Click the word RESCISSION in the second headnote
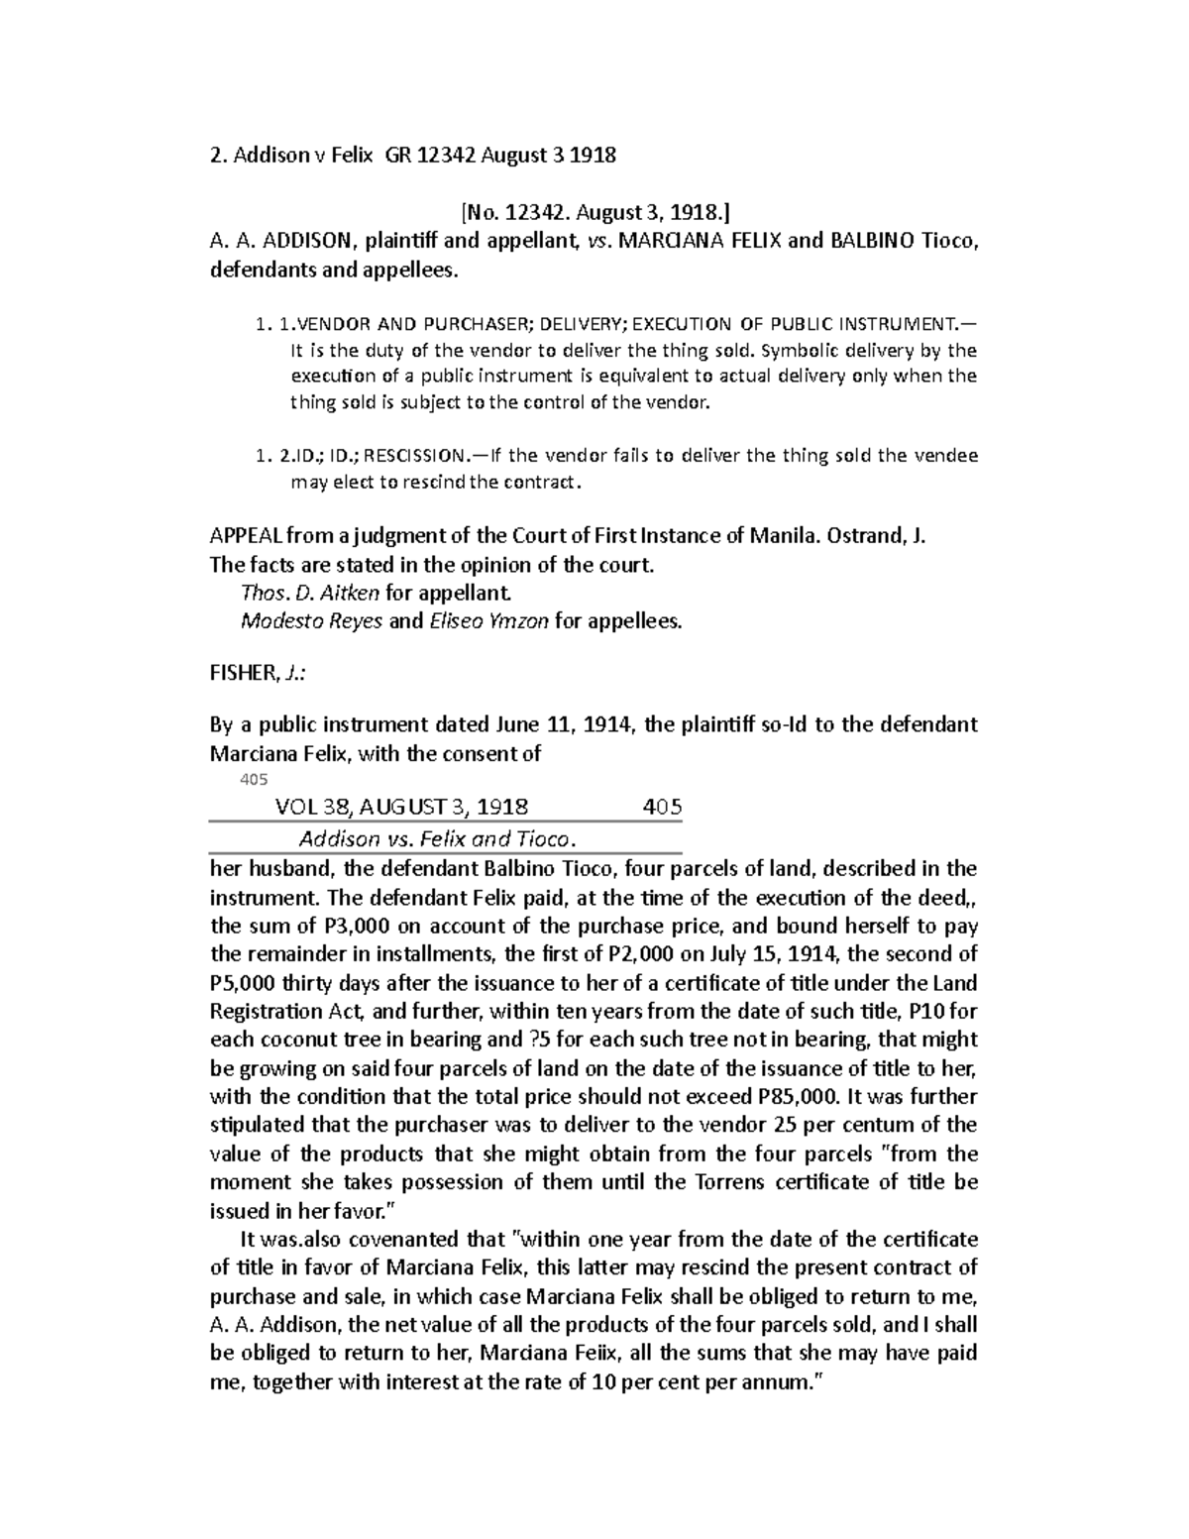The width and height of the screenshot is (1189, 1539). [x=416, y=456]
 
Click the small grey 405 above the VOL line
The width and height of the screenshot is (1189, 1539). [x=254, y=780]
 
